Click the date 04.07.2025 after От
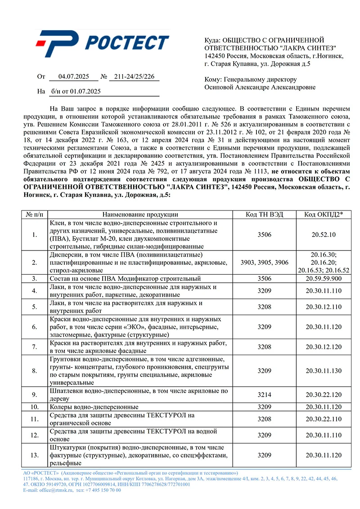[x=72, y=77]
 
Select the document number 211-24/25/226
[x=134, y=77]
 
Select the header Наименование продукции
[x=140, y=214]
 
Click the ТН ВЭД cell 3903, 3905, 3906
[x=265, y=263]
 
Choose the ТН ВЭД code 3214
[x=265, y=395]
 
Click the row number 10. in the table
[x=35, y=407]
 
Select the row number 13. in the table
[x=35, y=455]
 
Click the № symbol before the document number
[x=103, y=77]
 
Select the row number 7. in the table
[x=35, y=347]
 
